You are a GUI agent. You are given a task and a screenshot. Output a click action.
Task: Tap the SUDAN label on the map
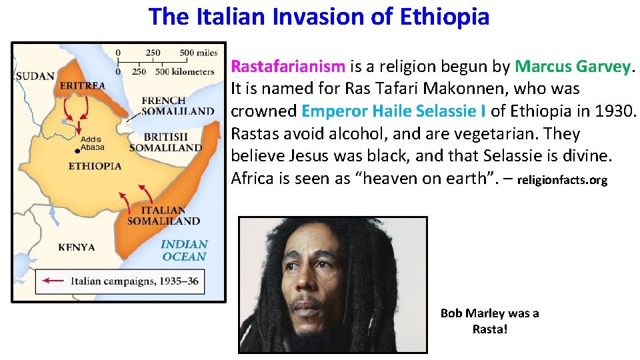[35, 76]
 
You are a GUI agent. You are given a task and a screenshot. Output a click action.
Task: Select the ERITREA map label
[82, 85]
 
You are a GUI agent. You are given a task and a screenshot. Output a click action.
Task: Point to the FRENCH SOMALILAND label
[177, 106]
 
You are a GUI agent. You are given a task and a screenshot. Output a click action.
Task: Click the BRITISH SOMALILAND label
[165, 142]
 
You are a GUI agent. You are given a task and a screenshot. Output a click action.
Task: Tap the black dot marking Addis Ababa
[78, 151]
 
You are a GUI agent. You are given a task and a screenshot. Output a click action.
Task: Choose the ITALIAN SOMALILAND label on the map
[163, 215]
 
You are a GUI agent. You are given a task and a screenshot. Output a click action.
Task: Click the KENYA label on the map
[77, 247]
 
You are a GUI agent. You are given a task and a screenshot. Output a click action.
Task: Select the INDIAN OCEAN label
[184, 250]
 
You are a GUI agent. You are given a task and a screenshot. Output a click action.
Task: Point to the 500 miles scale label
[198, 53]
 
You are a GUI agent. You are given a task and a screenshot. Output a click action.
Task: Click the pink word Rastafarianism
[288, 67]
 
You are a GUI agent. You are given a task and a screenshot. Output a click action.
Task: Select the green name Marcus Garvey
[573, 67]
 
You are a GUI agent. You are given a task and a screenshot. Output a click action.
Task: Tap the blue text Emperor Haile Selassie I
[394, 111]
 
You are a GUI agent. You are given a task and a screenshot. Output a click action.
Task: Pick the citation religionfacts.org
[562, 180]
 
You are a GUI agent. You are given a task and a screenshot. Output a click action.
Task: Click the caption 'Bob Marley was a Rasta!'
[490, 321]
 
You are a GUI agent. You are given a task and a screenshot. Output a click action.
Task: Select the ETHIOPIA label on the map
[95, 165]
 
